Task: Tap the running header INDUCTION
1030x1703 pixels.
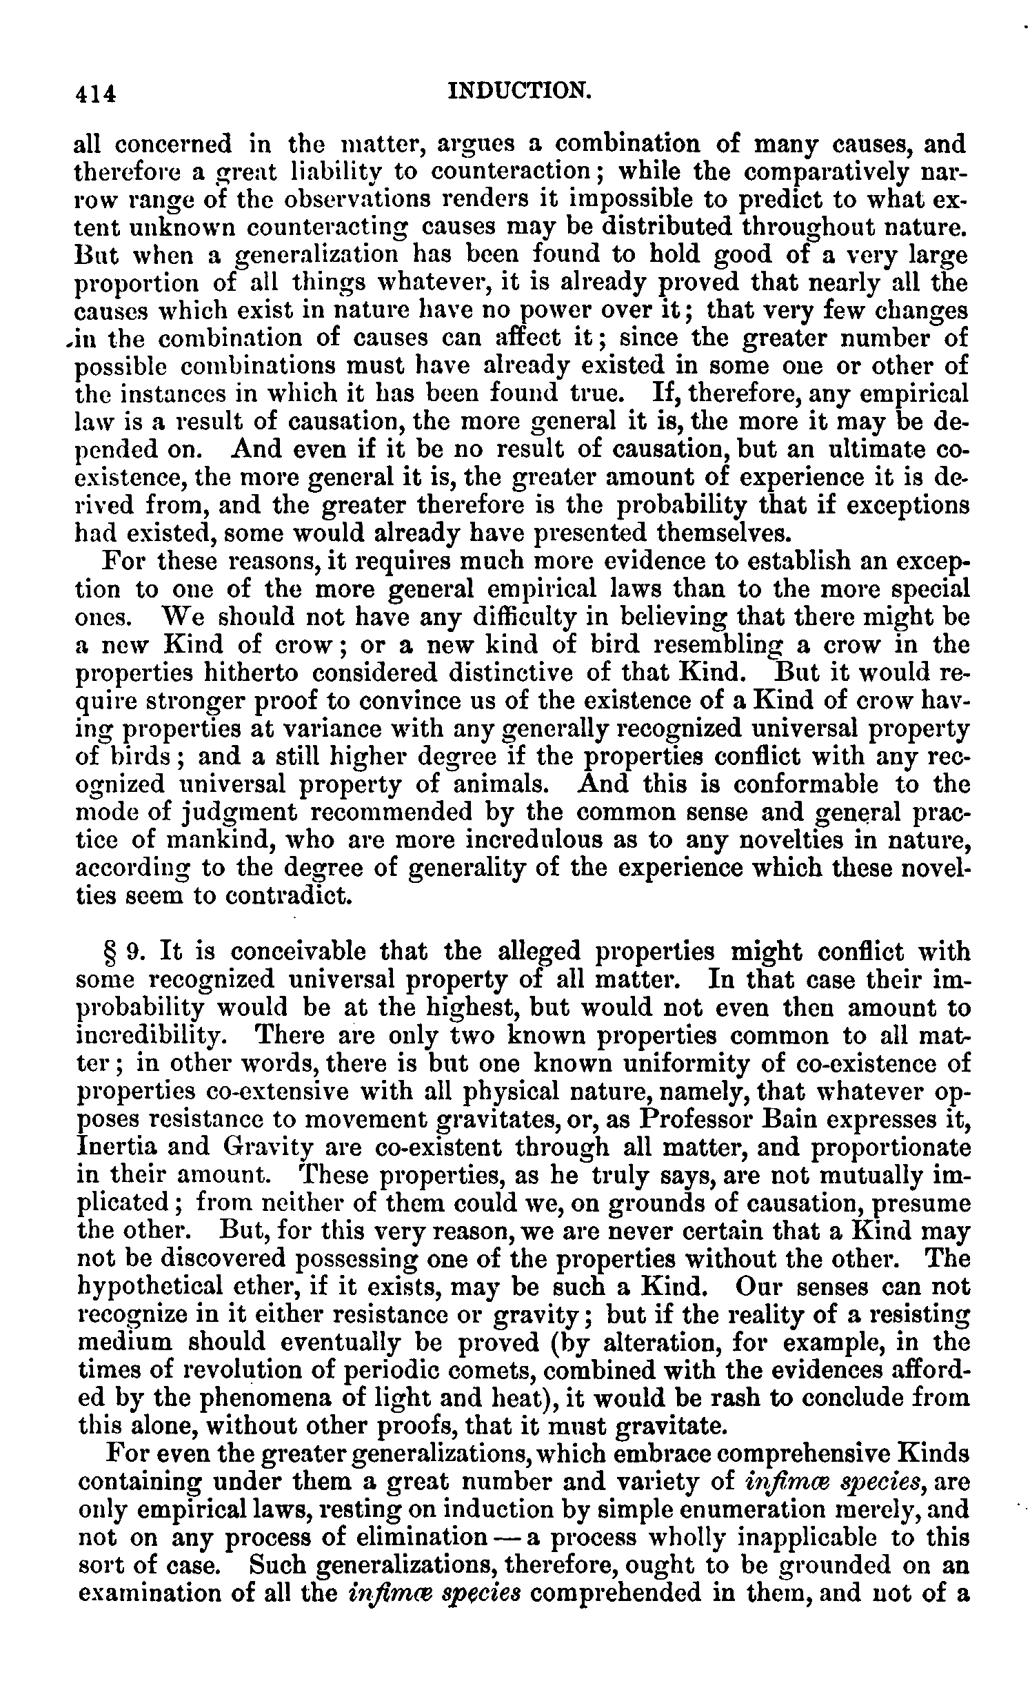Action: (519, 90)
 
